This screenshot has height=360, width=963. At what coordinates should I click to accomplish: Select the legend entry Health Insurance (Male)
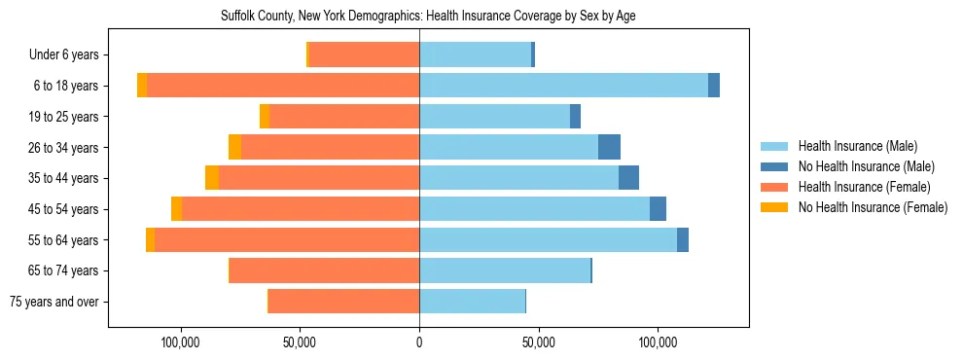click(x=857, y=146)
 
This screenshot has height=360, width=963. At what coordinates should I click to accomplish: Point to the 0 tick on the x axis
click(x=419, y=342)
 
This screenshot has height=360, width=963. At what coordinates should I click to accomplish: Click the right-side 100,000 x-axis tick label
click(x=658, y=342)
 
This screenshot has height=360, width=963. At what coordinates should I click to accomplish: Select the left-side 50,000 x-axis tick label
click(x=300, y=342)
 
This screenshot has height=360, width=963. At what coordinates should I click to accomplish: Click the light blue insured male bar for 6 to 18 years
click(x=563, y=86)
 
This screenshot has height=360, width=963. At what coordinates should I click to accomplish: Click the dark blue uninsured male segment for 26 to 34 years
click(x=609, y=147)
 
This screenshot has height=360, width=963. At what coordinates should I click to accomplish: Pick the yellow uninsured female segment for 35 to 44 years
click(x=212, y=178)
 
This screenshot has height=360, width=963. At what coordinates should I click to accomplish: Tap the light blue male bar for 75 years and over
click(x=472, y=302)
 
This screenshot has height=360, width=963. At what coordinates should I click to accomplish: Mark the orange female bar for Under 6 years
click(x=364, y=54)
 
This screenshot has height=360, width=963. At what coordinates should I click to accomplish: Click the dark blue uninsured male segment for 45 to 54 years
click(x=658, y=209)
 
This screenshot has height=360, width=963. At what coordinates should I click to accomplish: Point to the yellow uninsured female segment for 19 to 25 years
click(x=265, y=117)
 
